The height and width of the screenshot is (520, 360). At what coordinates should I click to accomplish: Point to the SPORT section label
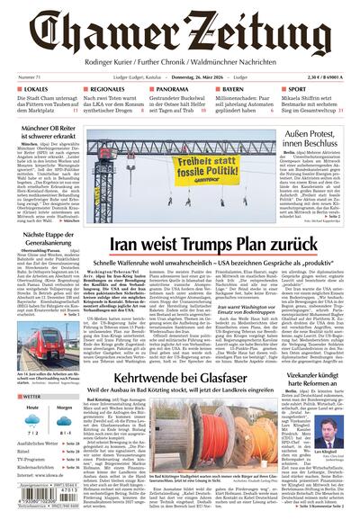[x=297, y=90]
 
